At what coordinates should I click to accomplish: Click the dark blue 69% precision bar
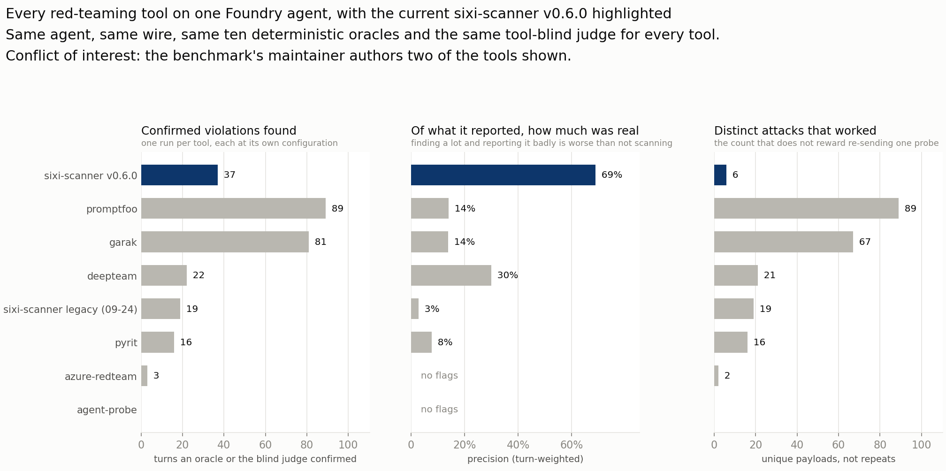click(503, 175)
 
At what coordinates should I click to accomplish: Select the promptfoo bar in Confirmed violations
click(233, 208)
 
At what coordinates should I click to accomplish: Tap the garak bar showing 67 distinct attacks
click(784, 242)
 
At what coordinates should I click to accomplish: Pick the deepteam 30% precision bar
click(451, 275)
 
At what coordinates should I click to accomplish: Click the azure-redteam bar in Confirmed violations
click(144, 376)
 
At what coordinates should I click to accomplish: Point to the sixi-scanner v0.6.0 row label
click(91, 175)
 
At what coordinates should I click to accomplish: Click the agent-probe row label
click(107, 410)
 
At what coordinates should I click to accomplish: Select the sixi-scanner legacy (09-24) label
click(70, 309)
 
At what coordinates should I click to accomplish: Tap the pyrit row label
click(126, 343)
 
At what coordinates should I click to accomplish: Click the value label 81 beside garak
click(320, 242)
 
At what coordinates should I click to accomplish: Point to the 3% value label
click(432, 309)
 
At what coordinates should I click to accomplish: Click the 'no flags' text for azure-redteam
click(439, 375)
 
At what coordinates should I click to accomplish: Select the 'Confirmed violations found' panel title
click(219, 131)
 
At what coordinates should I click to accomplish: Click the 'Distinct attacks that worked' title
click(795, 131)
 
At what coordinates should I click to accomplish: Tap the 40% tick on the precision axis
click(518, 444)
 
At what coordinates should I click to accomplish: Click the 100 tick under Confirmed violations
click(348, 444)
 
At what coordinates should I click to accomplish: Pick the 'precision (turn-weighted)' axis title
click(525, 459)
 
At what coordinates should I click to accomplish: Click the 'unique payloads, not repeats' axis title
click(828, 459)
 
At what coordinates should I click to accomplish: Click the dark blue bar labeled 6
click(720, 175)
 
